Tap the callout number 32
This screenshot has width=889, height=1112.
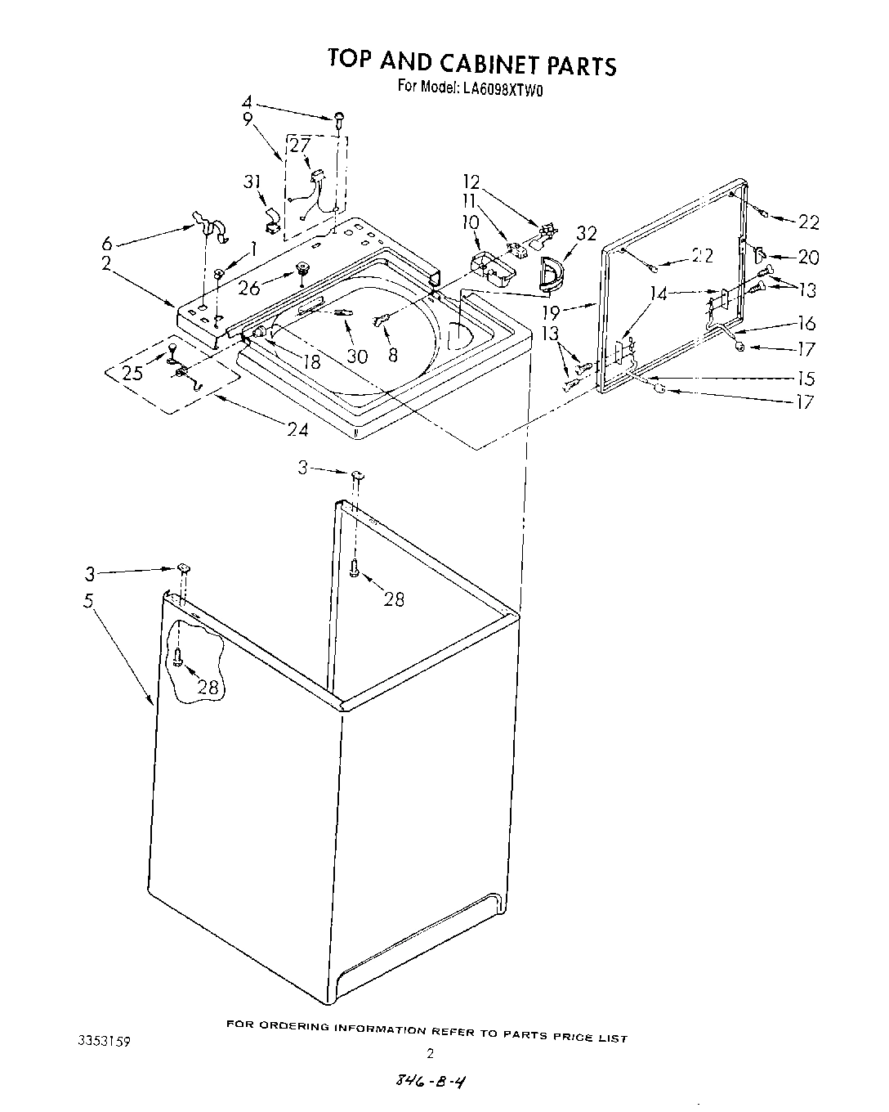coord(587,234)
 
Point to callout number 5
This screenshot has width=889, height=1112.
coord(88,601)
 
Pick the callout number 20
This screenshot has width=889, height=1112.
coord(807,257)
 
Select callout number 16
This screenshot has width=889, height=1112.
coord(806,324)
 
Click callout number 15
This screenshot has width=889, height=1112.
coord(806,379)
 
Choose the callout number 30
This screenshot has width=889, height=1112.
coord(356,356)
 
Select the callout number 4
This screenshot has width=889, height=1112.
coord(247,103)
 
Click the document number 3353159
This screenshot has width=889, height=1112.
coord(102,1041)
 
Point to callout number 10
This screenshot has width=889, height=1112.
coord(471,222)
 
